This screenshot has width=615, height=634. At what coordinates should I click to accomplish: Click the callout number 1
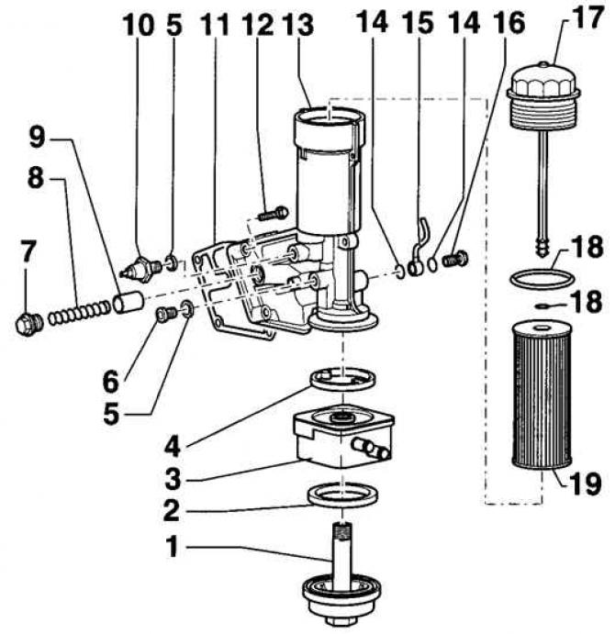173,546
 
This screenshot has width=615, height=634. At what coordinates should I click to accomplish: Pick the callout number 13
297,24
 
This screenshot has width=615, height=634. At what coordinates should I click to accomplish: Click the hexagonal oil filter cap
543,95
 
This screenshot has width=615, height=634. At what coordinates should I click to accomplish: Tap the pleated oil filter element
542,395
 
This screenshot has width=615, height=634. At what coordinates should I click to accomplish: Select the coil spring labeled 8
79,313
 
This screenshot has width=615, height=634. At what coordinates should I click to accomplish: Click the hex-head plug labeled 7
29,324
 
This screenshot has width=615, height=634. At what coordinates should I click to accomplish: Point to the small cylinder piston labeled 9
129,303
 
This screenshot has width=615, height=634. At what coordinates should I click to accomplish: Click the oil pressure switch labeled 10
141,268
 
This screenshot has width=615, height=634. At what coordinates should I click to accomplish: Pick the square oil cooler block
344,437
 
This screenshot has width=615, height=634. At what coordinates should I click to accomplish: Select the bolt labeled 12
274,214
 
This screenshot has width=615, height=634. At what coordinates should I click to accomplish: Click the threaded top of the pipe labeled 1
342,531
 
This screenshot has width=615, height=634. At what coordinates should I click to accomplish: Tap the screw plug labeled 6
166,314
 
